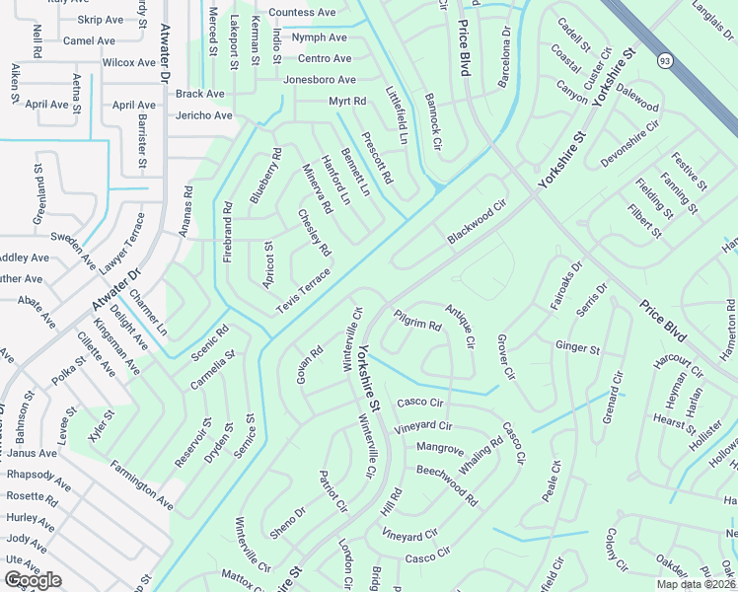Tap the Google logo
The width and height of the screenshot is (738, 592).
(x=33, y=580)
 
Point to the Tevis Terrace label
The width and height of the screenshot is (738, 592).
(x=303, y=292)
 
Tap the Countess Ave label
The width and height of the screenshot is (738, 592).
(x=302, y=13)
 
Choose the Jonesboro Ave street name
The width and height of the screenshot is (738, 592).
(x=319, y=80)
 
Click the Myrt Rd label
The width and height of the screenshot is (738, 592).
(x=346, y=102)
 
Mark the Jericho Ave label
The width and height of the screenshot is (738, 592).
(x=204, y=115)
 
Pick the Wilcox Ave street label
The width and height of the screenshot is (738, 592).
(x=129, y=62)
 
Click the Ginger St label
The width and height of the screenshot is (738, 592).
(x=577, y=348)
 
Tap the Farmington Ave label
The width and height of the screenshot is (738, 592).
(x=141, y=485)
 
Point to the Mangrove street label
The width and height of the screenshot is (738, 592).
(x=440, y=449)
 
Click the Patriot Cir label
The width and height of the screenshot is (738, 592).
(x=333, y=492)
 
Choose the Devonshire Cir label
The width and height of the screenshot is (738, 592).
(x=629, y=143)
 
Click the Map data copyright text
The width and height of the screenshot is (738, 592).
(x=694, y=584)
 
